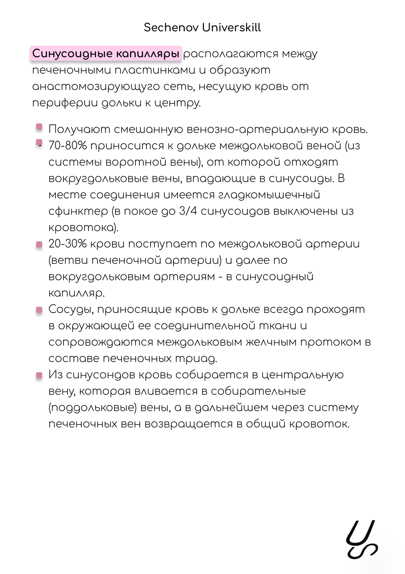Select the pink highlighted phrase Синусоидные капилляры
(106, 54)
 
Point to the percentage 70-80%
(67, 146)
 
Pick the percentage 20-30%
(67, 244)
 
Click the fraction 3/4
(188, 211)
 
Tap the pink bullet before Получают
(39, 127)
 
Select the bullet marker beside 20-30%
(39, 244)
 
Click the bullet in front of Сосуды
(39, 310)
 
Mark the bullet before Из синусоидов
(39, 375)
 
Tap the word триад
(195, 359)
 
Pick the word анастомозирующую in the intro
(96, 87)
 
